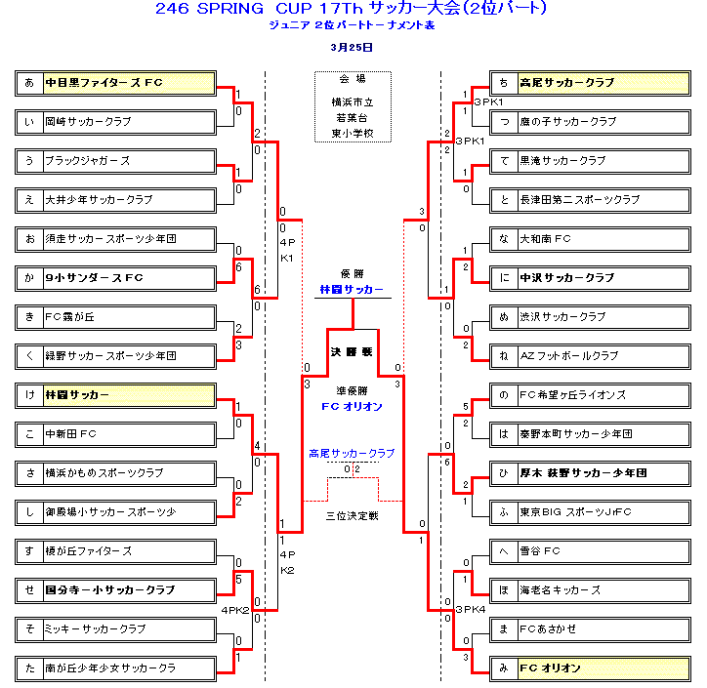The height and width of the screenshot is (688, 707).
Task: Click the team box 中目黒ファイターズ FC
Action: coord(128,83)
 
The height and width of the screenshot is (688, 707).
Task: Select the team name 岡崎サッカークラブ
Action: coord(128,122)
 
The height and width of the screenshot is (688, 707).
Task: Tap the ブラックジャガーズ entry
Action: coord(128,161)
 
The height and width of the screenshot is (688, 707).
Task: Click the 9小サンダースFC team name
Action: coord(128,278)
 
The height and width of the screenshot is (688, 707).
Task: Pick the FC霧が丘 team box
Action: coord(128,317)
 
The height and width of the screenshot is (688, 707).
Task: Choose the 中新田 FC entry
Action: coord(128,434)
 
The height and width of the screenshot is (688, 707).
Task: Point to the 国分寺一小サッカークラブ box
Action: coord(128,590)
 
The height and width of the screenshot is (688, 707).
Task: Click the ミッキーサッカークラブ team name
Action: coord(128,629)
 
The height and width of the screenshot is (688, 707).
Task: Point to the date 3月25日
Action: coord(352,46)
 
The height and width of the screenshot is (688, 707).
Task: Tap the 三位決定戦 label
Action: coord(352,514)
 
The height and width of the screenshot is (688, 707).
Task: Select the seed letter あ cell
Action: coord(28,83)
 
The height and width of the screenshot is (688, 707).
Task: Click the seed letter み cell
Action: coord(503,668)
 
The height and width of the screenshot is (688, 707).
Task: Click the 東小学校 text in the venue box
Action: coord(353,134)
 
